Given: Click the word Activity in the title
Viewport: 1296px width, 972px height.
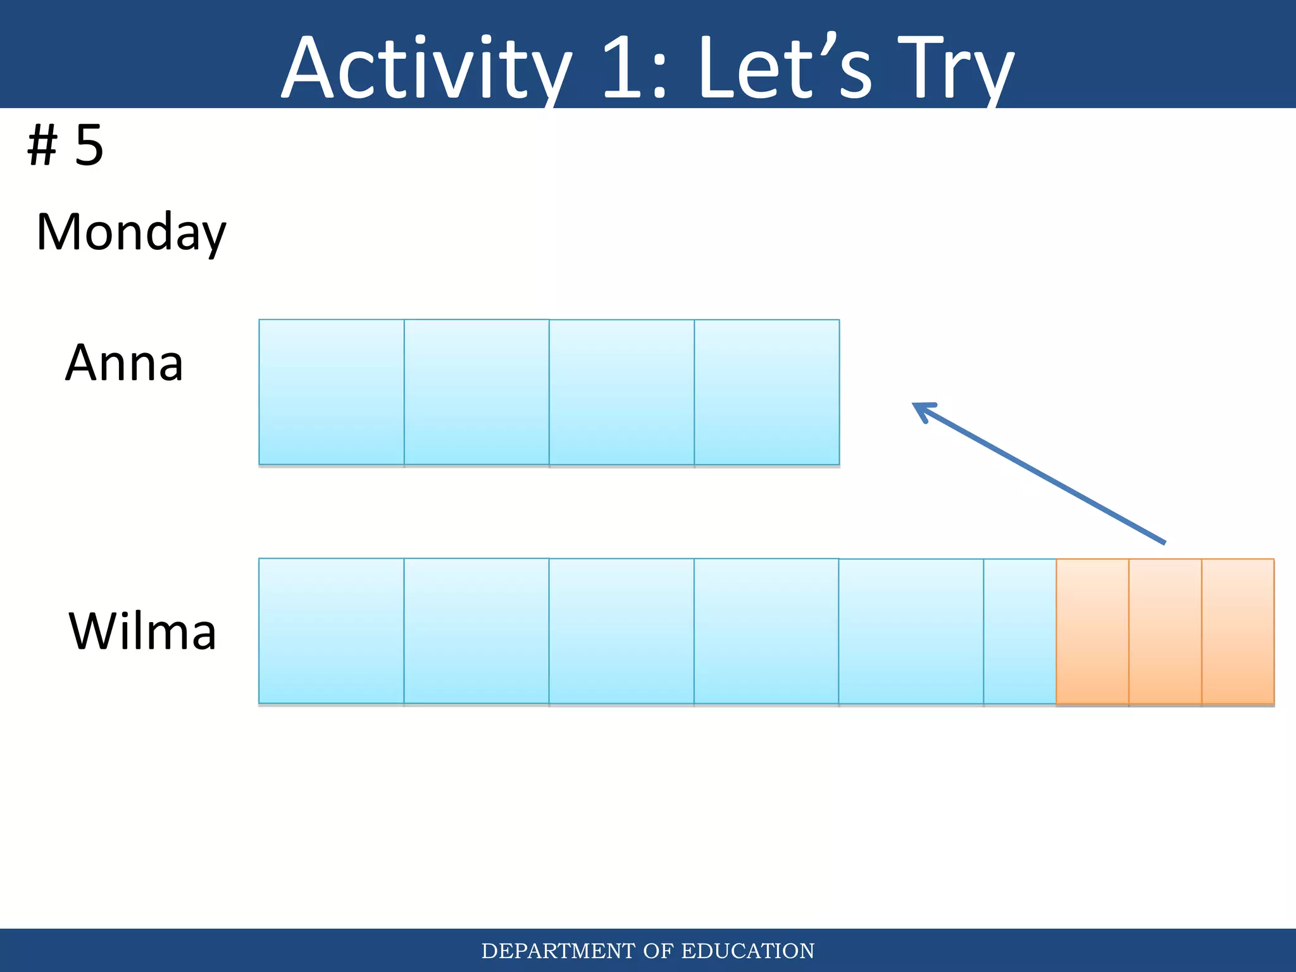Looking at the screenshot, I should tap(425, 68).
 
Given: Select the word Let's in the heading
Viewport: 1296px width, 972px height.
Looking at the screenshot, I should tap(785, 68).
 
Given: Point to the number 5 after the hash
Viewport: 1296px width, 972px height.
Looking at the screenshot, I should tap(89, 146).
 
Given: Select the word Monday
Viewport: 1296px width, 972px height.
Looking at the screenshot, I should tap(131, 232).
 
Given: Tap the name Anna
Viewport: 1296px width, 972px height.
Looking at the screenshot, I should tap(124, 363).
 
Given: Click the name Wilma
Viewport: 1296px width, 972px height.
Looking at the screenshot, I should tap(142, 632).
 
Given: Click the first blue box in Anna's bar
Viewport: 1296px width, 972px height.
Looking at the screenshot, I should tap(332, 392).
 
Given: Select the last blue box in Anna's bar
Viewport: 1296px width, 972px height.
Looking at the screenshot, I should tap(767, 392).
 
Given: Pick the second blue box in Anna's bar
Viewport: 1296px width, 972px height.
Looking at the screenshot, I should tap(477, 392).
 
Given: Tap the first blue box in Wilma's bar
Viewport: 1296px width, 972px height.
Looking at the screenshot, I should tap(332, 631).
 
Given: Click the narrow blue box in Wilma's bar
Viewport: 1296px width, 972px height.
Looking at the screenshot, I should tap(1019, 631).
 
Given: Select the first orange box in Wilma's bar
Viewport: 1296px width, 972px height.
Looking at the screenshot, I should tap(1092, 631).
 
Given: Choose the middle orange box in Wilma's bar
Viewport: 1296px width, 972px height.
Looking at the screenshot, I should tap(1165, 631).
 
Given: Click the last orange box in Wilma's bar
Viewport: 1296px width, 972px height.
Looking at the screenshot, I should tap(1238, 631).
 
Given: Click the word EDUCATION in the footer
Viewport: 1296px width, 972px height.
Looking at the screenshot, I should tap(747, 951).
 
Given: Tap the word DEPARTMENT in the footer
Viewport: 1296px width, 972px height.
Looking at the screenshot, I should tap(558, 951).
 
